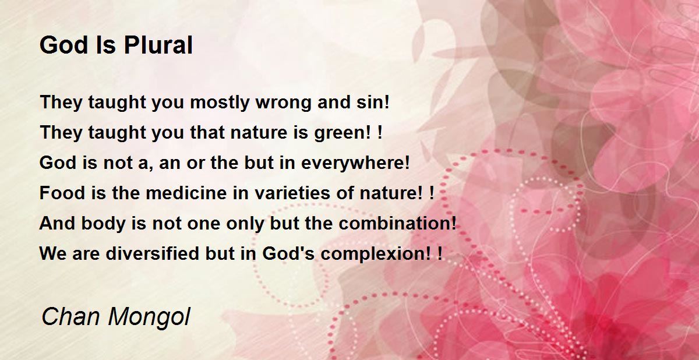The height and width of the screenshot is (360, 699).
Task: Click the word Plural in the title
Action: click(158, 45)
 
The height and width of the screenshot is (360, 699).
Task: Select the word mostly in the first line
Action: click(220, 103)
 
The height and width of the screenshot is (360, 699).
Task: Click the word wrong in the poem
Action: click(283, 103)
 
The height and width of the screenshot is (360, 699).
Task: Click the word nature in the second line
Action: click(259, 133)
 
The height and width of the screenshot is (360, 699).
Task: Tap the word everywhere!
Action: click(355, 163)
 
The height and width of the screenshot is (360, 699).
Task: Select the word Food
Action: click(62, 193)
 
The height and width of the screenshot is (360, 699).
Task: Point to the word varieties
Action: click(292, 193)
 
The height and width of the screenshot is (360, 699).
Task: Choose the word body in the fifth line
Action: click(103, 224)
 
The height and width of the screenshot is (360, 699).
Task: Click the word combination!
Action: click(397, 223)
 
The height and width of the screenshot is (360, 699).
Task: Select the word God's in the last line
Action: click(288, 253)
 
